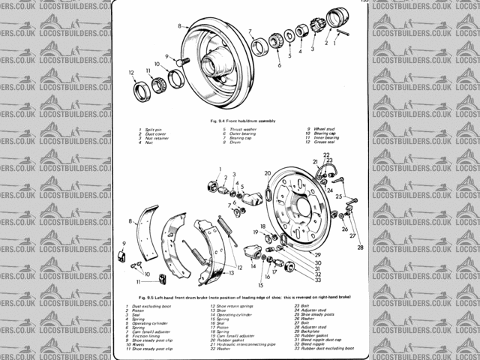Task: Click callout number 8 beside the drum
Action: click(x=179, y=26)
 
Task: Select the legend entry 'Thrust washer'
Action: click(x=242, y=130)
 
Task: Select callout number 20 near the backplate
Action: click(x=267, y=173)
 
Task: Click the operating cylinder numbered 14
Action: click(x=252, y=251)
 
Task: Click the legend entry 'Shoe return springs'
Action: click(x=235, y=307)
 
